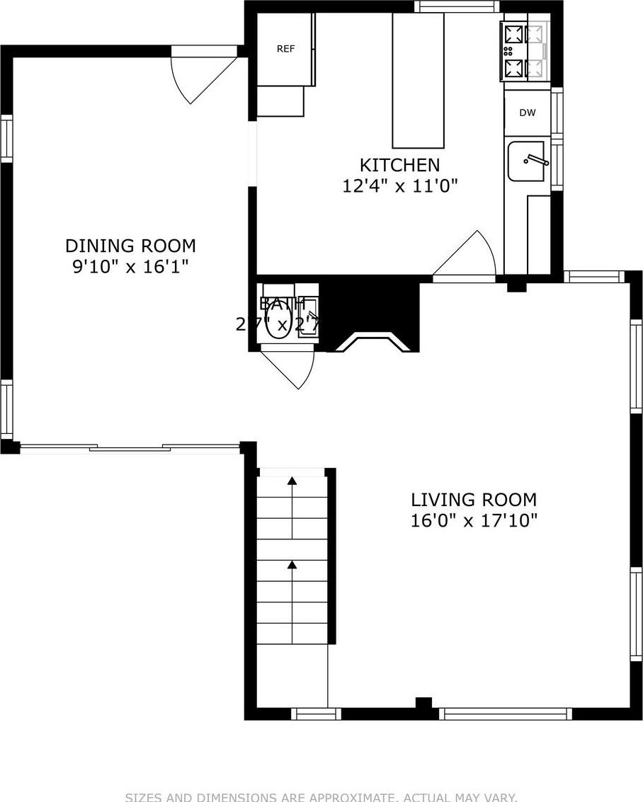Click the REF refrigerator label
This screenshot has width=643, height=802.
coord(285,49)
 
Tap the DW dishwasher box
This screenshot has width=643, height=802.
coord(527,113)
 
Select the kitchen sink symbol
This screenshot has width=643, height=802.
coord(527,161)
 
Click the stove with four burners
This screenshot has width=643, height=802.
coord(525,51)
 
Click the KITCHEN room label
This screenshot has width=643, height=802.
coord(399,165)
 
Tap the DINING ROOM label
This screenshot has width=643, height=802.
coord(130,246)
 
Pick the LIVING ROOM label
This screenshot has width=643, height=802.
coord(474,500)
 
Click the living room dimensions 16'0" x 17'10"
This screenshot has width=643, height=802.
coord(474,521)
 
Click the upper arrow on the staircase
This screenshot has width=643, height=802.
coord(292,481)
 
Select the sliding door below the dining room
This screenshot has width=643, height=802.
coord(130,447)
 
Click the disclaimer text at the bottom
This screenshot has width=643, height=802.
coord(321,796)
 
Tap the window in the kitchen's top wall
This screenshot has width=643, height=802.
coord(457,6)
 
